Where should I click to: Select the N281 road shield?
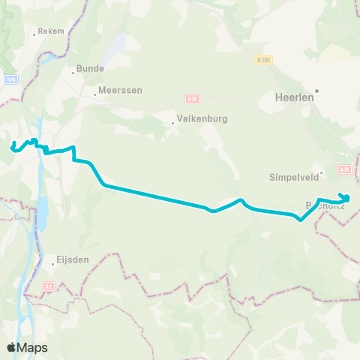(262, 58)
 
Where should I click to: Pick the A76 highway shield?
(344, 169)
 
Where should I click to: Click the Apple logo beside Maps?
(12, 347)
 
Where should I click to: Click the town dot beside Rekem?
(34, 33)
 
